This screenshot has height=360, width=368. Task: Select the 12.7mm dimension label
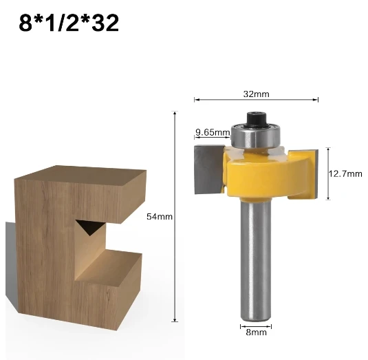(x=345, y=173)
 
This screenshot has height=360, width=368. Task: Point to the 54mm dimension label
(x=159, y=217)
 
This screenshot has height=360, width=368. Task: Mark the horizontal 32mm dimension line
(x=256, y=100)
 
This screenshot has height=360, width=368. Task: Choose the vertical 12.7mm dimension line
(x=327, y=173)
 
